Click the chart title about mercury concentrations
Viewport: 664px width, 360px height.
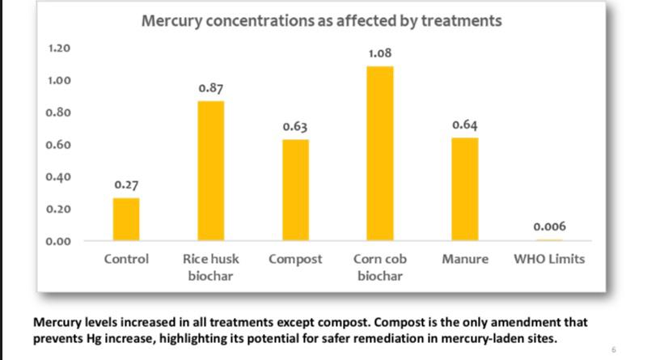click(x=321, y=21)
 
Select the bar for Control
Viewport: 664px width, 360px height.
click(x=126, y=219)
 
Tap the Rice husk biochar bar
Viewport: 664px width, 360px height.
click(x=211, y=171)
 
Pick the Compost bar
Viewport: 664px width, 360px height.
click(x=295, y=190)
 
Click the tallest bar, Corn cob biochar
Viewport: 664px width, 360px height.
click(x=380, y=154)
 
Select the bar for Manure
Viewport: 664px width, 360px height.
click(x=464, y=189)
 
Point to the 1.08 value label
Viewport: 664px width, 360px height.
click(x=380, y=53)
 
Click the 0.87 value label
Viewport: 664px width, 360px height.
click(x=211, y=88)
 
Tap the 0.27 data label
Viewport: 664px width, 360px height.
click(x=126, y=185)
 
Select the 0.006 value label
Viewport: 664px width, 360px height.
click(x=549, y=227)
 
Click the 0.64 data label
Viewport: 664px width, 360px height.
click(x=464, y=125)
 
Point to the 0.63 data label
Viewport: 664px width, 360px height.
click(x=295, y=127)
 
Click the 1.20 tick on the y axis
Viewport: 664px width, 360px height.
click(x=60, y=49)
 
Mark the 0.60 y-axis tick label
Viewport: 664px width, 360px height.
click(x=60, y=145)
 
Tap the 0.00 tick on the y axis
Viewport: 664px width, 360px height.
click(x=60, y=241)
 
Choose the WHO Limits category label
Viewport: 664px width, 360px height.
click(x=549, y=260)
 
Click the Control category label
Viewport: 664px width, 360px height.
click(x=126, y=260)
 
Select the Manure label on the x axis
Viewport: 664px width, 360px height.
click(x=464, y=260)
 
